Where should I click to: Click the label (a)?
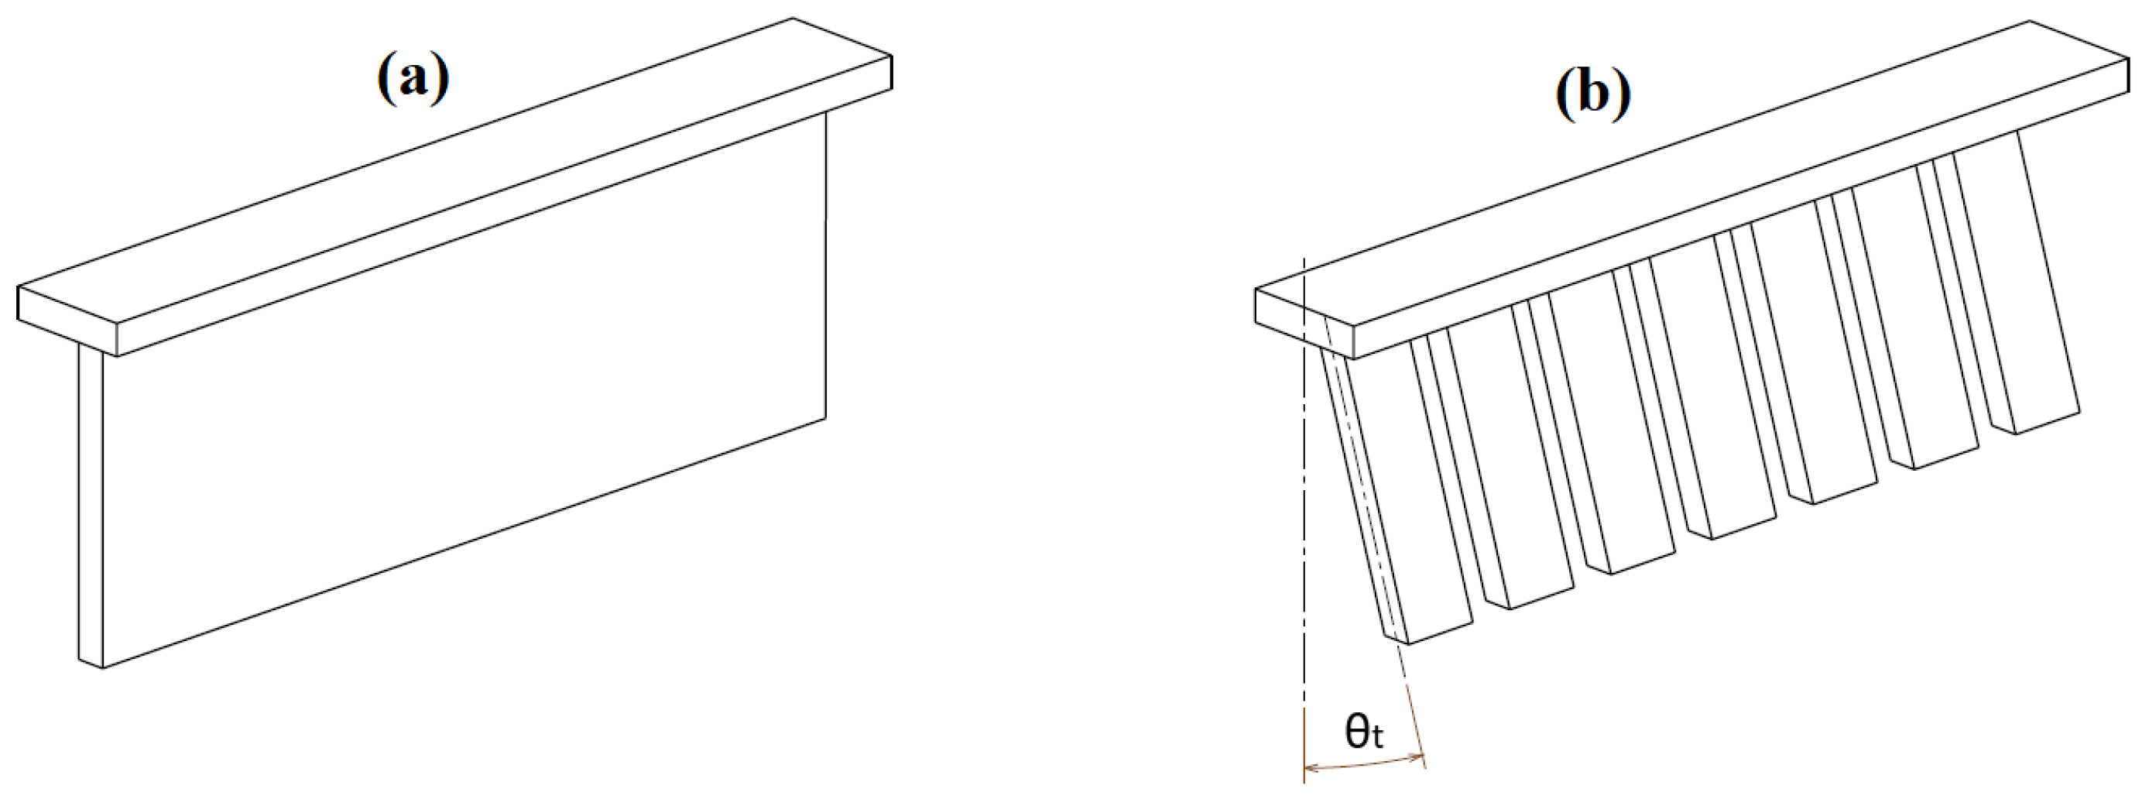point(413,79)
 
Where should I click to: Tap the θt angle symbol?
point(1365,732)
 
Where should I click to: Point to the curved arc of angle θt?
point(1365,763)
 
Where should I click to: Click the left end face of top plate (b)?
point(1305,324)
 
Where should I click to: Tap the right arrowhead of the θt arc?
point(1421,756)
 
